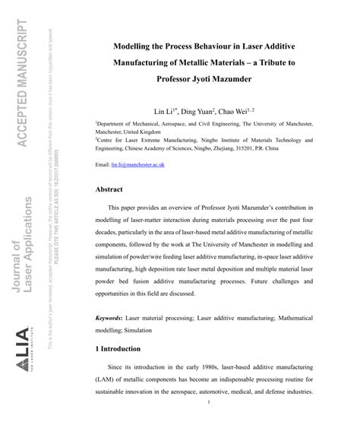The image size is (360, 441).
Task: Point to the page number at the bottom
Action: pos(207,424)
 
